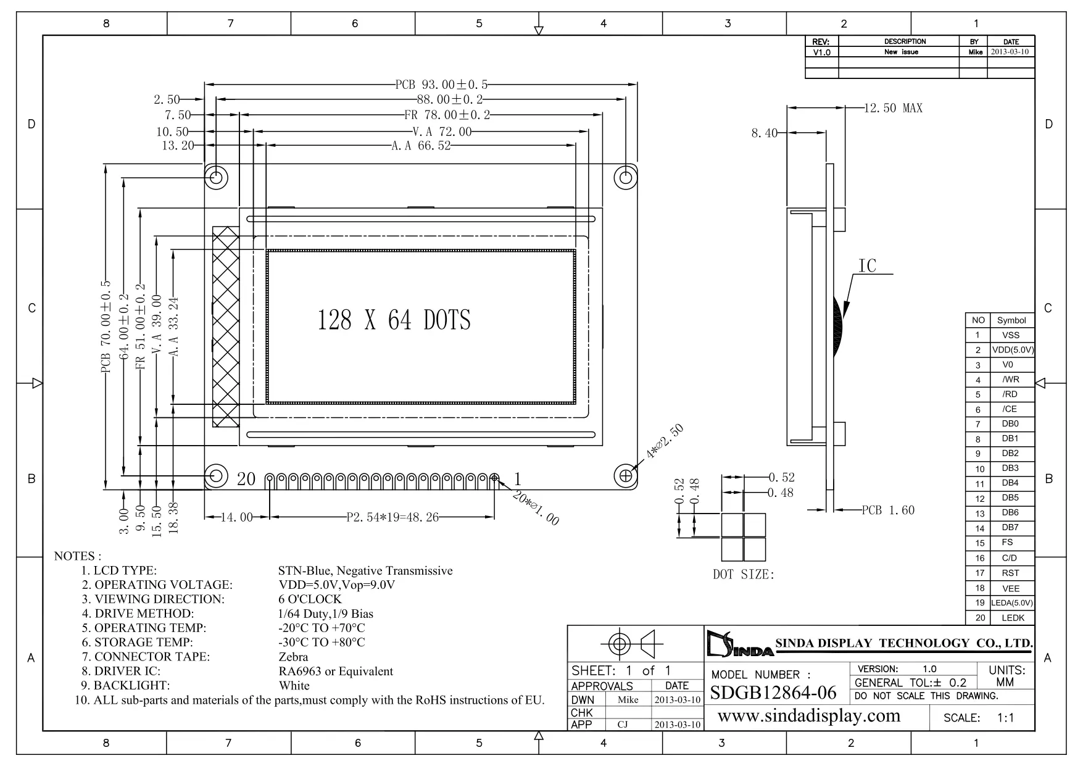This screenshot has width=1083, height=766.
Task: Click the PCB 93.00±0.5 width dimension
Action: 441,84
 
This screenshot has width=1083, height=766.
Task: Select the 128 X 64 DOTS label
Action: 394,320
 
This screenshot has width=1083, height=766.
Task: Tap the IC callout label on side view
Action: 867,265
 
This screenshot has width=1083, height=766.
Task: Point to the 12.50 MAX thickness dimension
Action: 893,109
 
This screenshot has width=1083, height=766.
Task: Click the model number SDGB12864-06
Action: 773,693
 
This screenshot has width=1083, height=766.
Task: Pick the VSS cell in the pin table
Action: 1011,335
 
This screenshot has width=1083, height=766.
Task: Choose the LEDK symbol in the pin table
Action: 1013,618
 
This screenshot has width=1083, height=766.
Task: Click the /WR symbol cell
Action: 1011,380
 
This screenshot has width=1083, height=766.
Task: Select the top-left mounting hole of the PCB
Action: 217,178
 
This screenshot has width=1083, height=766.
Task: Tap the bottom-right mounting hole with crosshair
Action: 625,476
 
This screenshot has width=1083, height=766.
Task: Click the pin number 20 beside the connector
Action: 246,479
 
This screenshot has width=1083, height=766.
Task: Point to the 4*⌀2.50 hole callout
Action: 664,442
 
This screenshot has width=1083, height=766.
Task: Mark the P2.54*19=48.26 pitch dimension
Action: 392,517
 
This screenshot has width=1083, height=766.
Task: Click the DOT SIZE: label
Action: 743,575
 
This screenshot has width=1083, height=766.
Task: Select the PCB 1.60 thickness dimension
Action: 888,510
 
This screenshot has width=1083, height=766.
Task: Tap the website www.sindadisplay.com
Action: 809,716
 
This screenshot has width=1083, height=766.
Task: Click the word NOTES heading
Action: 78,556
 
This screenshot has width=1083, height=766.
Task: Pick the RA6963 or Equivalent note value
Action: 336,671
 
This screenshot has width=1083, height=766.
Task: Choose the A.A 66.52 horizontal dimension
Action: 421,146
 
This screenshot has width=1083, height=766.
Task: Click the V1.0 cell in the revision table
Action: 821,52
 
